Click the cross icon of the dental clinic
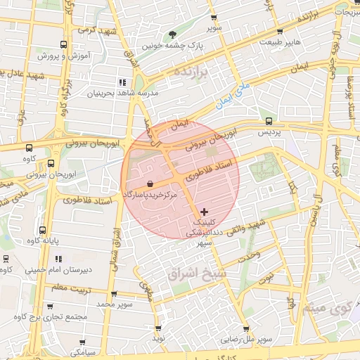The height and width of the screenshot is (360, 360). click(204, 211)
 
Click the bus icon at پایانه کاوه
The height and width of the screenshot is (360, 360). click(43, 230)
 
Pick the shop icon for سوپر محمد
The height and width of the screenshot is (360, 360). click(114, 294)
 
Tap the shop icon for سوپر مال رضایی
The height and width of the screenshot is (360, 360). click(245, 328)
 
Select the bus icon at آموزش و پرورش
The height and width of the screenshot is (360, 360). click(64, 44)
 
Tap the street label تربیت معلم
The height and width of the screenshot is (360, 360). click(52, 288)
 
